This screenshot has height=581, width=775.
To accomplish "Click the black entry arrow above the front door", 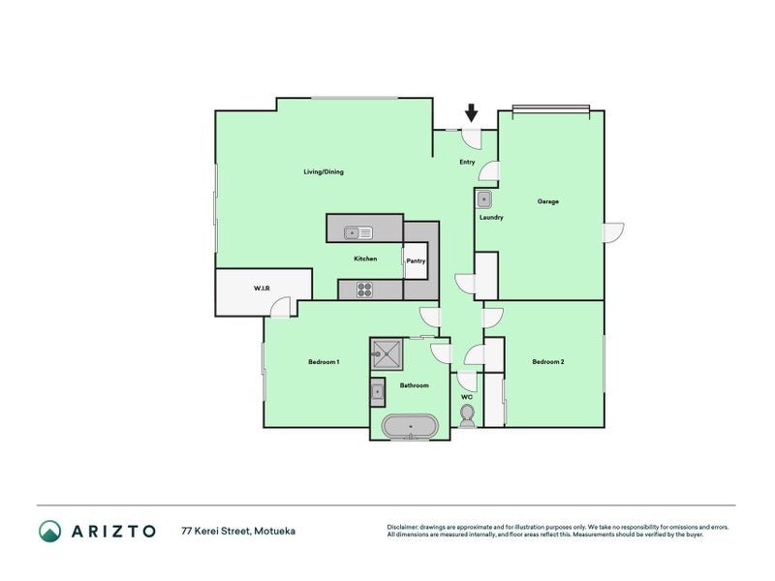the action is (x=472, y=113).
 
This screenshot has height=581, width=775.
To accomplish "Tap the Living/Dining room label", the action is (x=324, y=172).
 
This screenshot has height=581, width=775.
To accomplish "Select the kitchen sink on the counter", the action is (x=358, y=232).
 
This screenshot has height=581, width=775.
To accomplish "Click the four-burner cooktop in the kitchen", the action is (x=365, y=290).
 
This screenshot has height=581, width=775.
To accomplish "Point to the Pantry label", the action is (x=416, y=260).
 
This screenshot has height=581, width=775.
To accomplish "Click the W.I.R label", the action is (x=262, y=288).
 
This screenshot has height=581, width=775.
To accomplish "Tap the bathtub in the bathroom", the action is (x=410, y=426).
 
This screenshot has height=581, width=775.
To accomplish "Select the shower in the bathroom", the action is (x=387, y=353).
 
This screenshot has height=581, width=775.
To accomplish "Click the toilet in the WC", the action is (x=467, y=416).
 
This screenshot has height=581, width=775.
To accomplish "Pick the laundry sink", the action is (x=483, y=200).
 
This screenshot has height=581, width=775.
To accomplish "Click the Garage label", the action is (x=547, y=201).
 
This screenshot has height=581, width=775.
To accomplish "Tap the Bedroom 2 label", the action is (x=548, y=361).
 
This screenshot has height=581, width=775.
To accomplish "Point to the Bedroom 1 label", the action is (x=324, y=362).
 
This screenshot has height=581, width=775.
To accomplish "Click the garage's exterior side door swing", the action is (x=613, y=232).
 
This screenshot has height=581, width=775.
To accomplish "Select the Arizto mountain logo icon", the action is (x=50, y=531).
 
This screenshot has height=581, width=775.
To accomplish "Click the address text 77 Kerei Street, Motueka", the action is (x=238, y=531).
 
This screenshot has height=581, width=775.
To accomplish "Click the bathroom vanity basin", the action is (x=378, y=392).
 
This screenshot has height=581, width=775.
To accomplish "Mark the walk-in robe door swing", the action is (x=281, y=307).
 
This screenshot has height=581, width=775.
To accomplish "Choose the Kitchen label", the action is (x=365, y=259).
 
